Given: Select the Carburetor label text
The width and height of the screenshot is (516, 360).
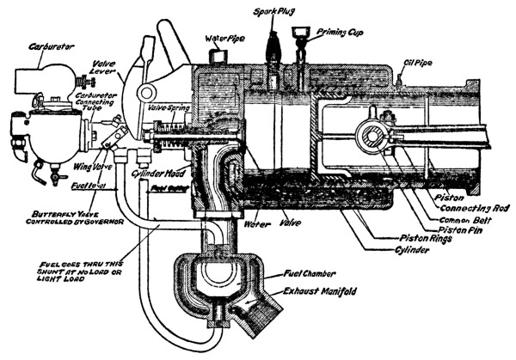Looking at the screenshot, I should point(27,40).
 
